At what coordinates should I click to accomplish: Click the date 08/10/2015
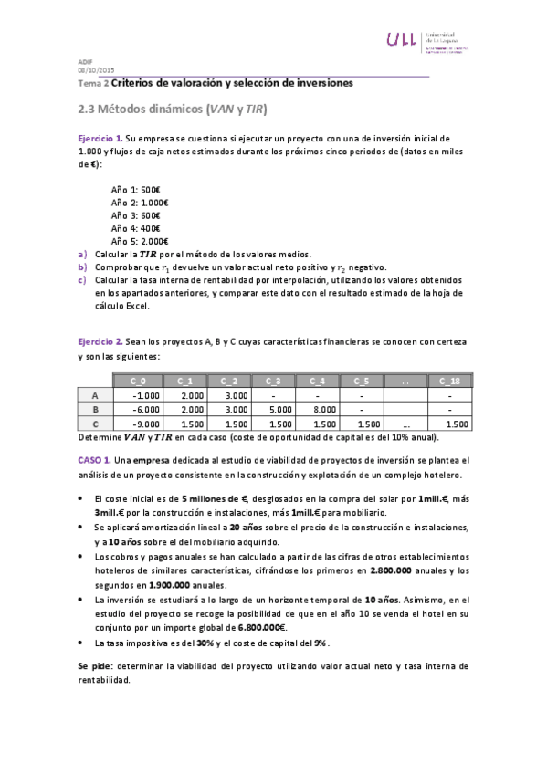pos(96,70)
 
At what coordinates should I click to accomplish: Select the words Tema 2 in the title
pos(92,83)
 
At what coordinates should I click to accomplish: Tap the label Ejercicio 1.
pos(100,136)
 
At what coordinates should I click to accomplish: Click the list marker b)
pos(83,266)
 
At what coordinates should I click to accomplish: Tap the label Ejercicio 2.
pos(100,340)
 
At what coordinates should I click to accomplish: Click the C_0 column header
pos(139,381)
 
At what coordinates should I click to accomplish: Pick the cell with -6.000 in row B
pos(146,410)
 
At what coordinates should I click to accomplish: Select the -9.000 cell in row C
pos(146,424)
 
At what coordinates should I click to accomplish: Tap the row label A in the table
pos(95,395)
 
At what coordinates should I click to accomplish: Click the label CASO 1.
pos(94,461)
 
